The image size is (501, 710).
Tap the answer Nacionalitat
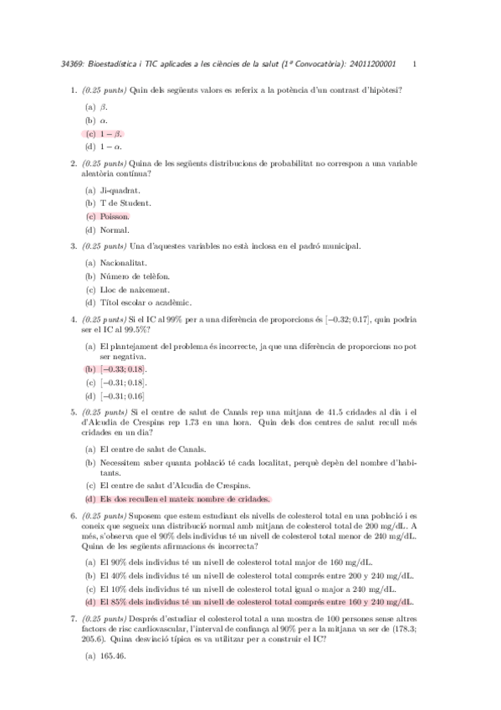pyautogui.click(x=123, y=262)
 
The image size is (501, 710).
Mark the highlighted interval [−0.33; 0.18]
pyautogui.click(x=123, y=369)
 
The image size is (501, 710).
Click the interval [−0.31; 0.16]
pyautogui.click(x=122, y=396)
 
